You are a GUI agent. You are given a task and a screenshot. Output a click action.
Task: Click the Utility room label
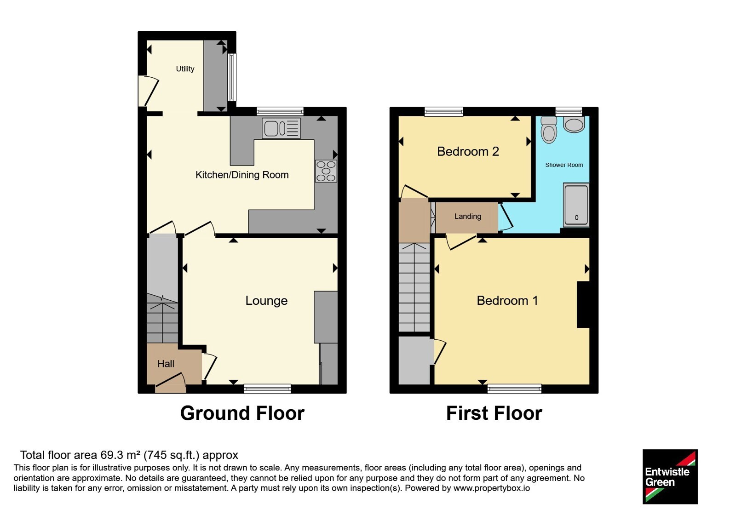pyautogui.click(x=185, y=69)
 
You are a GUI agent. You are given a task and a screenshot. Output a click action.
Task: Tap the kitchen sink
pyautogui.click(x=281, y=128)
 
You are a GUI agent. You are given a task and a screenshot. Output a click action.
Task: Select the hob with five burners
pyautogui.click(x=326, y=171)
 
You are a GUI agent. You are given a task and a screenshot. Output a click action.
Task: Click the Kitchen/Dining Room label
pyautogui.click(x=242, y=175)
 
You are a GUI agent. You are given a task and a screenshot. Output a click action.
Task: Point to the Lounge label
pyautogui.click(x=266, y=301)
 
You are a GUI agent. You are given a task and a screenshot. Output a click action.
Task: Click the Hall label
pyautogui.click(x=166, y=364)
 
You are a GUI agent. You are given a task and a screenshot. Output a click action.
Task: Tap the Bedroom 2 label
pyautogui.click(x=468, y=151)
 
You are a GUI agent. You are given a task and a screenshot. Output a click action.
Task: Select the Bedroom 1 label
pyautogui.click(x=507, y=301)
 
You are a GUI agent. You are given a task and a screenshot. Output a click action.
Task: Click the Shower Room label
pyautogui.click(x=564, y=165)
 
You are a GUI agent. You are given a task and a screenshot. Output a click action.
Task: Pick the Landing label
pyautogui.click(x=467, y=216)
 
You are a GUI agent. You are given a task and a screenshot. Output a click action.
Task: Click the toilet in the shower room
pyautogui.click(x=549, y=130)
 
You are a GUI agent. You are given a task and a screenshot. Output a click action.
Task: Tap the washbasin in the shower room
pyautogui.click(x=574, y=125)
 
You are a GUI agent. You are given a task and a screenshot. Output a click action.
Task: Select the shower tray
pyautogui.click(x=576, y=205)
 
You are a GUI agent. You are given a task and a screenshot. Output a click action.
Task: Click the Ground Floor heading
pyautogui.click(x=242, y=413)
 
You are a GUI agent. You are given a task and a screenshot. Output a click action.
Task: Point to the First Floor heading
pyautogui.click(x=494, y=413)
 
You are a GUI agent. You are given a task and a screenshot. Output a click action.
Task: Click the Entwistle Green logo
pyautogui.click(x=670, y=476)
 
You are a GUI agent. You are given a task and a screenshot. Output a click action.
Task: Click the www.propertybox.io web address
pyautogui.click(x=492, y=488)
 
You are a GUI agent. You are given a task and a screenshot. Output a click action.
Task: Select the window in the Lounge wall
pyautogui.click(x=267, y=389)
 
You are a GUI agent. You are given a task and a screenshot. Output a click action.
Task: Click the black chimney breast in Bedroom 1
pyautogui.click(x=583, y=304)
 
